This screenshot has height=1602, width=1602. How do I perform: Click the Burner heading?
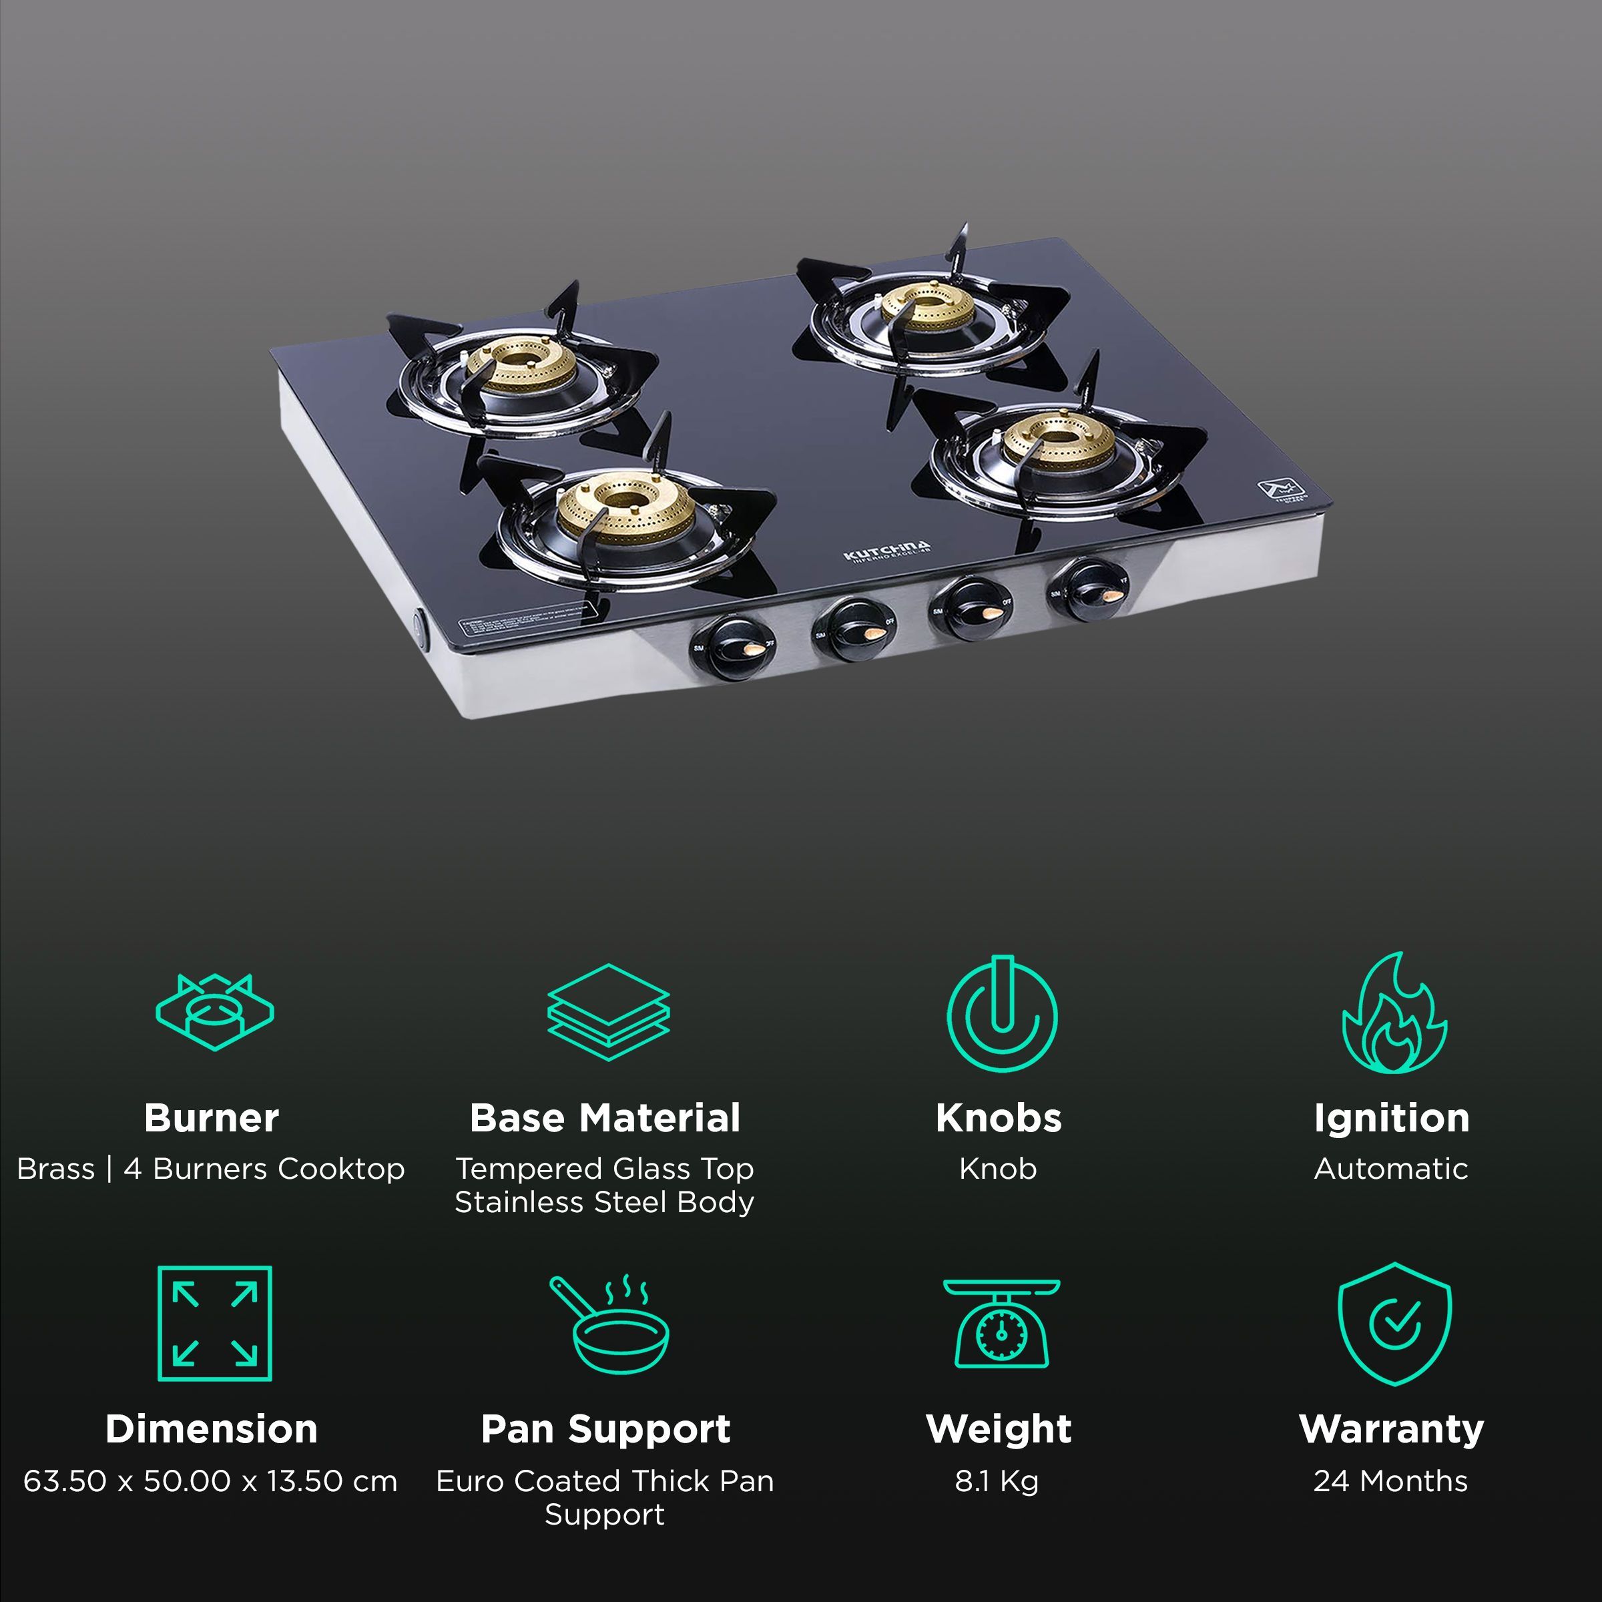212,1118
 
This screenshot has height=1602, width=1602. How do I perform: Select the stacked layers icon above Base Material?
608,1012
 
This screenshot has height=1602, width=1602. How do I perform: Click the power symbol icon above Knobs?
1002,1013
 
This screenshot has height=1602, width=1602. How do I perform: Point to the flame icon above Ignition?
1394,1013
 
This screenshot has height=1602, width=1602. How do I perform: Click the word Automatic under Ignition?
1390,1168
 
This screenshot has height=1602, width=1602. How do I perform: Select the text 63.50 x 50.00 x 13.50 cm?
211,1481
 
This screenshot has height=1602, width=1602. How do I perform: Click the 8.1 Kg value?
997,1481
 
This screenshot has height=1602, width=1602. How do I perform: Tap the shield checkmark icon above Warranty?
1394,1324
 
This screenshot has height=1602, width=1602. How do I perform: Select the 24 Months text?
1390,1481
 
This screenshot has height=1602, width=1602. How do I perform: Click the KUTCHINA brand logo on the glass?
886,552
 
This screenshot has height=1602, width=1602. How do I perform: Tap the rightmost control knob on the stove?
1088,589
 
